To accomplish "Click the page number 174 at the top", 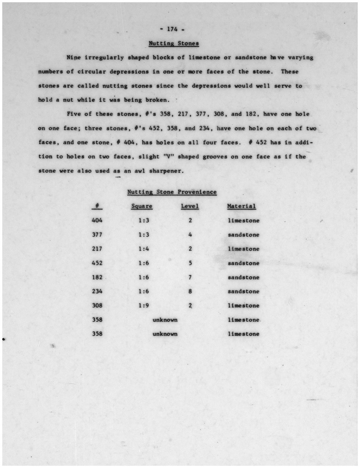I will click(x=172, y=29).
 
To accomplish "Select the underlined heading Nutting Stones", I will click(x=174, y=43).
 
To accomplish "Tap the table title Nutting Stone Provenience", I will click(x=172, y=192).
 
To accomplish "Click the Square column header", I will click(x=142, y=206).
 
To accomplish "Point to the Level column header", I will click(x=190, y=206).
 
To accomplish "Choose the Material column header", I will click(x=241, y=206).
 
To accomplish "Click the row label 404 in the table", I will click(x=97, y=220).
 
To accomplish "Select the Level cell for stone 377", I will click(x=190, y=235).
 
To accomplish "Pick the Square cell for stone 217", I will click(x=144, y=249).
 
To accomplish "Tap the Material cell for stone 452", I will click(x=244, y=263).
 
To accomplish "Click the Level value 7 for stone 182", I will click(x=190, y=277).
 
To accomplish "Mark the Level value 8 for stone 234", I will click(x=190, y=291).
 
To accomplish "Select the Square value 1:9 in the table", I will click(x=144, y=305).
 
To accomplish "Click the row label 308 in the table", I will click(x=97, y=305).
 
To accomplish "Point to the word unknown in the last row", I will click(x=165, y=334).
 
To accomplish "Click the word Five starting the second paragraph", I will click(x=74, y=114).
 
